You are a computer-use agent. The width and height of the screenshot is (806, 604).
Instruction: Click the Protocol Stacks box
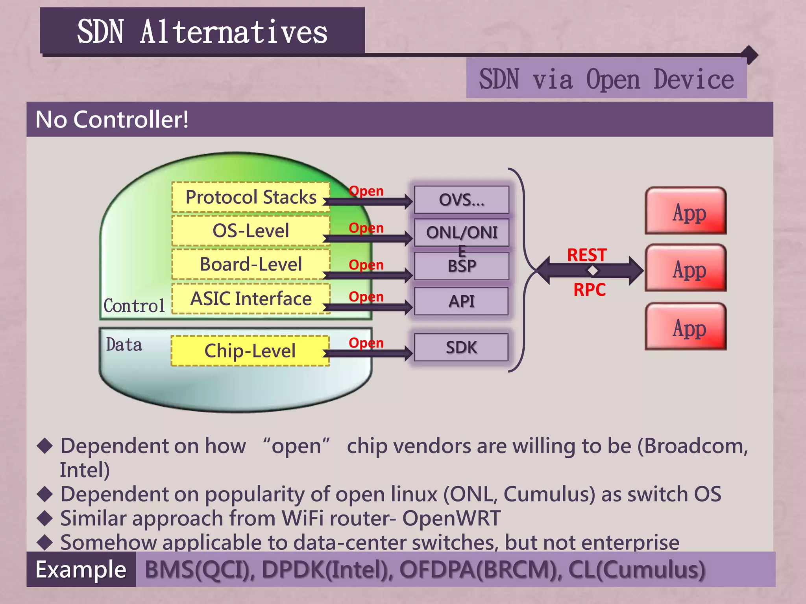pos(251,197)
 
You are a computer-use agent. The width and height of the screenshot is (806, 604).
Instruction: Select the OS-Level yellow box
pos(251,230)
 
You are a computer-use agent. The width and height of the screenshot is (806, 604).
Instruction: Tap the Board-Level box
pos(251,264)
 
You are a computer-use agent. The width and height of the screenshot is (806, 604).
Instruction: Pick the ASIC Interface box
pos(251,298)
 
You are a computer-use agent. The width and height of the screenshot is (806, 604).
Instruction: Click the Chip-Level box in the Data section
pos(250,351)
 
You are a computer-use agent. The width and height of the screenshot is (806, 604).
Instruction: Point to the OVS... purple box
pos(461,200)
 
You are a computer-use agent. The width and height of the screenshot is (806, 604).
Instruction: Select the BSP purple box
pos(461,266)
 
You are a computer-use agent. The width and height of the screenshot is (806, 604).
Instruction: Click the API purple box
pos(461,301)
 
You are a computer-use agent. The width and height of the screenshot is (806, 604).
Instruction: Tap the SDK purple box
pos(461,347)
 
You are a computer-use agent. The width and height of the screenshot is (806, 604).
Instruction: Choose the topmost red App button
pos(686,211)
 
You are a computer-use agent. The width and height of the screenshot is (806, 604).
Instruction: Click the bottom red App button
pos(686,326)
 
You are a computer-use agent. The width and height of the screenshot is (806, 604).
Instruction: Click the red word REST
pos(587,255)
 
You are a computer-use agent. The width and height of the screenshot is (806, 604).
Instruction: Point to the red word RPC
pos(589,290)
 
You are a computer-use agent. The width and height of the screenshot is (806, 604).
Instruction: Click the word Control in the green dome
pos(134,306)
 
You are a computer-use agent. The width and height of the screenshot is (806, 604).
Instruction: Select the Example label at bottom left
pos(81,569)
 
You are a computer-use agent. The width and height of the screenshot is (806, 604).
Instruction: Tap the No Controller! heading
pos(112,120)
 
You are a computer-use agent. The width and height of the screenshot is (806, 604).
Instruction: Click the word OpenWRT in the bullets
pos(451,518)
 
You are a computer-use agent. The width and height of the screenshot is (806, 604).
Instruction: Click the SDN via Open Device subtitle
pos(606,79)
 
